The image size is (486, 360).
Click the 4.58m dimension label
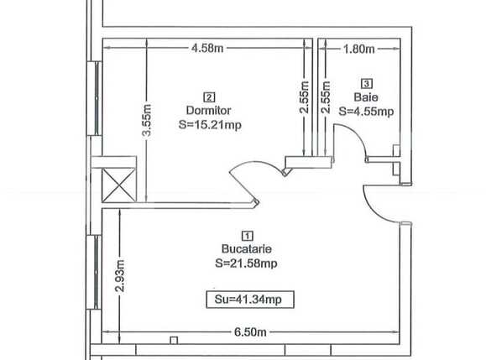pyautogui.click(x=207, y=49)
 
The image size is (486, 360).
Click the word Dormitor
pyautogui.click(x=209, y=110)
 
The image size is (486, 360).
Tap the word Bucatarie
pyautogui.click(x=246, y=249)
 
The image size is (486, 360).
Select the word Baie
pyautogui.click(x=366, y=97)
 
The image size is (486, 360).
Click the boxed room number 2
pyautogui.click(x=208, y=96)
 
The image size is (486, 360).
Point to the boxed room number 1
pyautogui.click(x=246, y=236)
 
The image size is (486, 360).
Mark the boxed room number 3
pyautogui.click(x=366, y=83)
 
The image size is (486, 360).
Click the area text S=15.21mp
pyautogui.click(x=209, y=123)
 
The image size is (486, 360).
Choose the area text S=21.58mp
pyautogui.click(x=246, y=263)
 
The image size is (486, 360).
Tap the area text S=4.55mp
pyautogui.click(x=366, y=110)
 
